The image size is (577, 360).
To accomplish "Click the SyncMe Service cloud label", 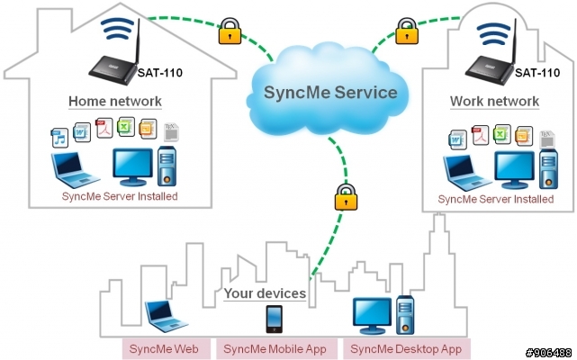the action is coord(330,93).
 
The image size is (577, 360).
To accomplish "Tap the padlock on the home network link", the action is coord(230,31).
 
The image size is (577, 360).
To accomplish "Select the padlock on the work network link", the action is coord(407,31).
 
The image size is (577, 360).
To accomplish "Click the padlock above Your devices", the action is coord(346,197).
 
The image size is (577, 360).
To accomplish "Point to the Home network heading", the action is coord(115,101).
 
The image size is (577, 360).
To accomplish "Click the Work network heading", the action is coord(494,101).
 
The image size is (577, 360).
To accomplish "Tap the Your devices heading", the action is coord(265,293).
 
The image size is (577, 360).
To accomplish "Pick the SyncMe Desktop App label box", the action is coord(406,349).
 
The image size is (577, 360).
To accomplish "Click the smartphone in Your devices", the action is coord(275,319).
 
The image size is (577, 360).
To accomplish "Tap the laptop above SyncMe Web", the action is coord(166,316).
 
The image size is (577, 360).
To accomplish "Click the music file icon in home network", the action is coord(59,138).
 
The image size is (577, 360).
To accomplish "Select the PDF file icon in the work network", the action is coord(480,135).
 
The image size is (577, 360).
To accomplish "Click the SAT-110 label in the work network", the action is coord(537,73).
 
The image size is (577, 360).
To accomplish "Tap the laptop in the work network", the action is coord(466,173).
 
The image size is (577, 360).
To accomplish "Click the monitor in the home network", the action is coord(132,167).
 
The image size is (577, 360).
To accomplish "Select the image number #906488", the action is coord(549,353).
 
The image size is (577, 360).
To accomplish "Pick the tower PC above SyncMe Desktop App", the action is coord(405,315).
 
